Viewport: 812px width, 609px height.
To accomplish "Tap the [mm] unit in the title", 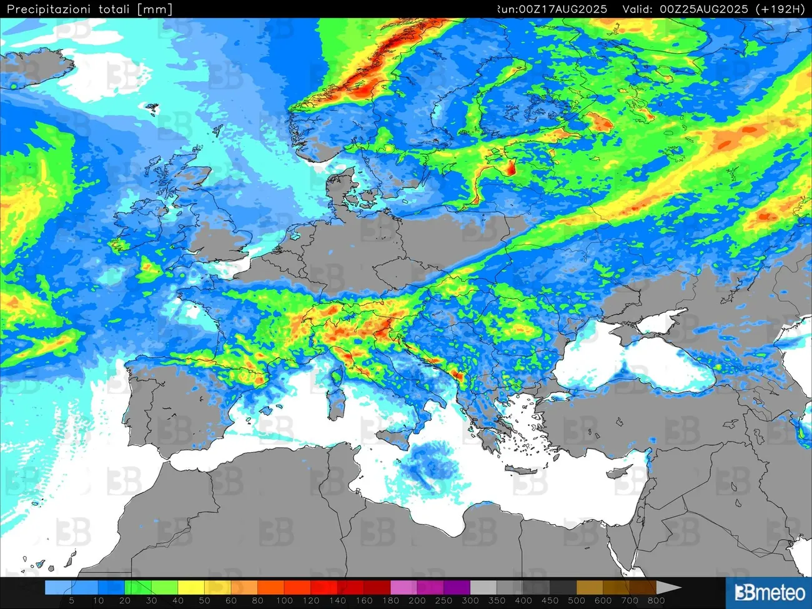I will click(154, 9).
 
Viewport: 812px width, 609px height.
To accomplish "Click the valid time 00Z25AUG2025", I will click(704, 9).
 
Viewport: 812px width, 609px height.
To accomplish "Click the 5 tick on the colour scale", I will click(71, 600).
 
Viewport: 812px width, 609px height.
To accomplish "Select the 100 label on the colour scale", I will click(284, 600).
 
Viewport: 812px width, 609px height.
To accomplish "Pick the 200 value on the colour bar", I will click(417, 600).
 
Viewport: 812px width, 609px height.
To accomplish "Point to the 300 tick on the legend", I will click(470, 600).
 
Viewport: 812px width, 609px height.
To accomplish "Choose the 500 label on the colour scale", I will click(576, 600).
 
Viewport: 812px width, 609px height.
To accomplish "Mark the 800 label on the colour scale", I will click(656, 600).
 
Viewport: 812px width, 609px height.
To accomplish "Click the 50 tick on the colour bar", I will click(204, 600).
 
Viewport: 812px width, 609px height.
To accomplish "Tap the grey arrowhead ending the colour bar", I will click(672, 588).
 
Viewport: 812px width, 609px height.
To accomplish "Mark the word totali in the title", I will click(114, 9).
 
